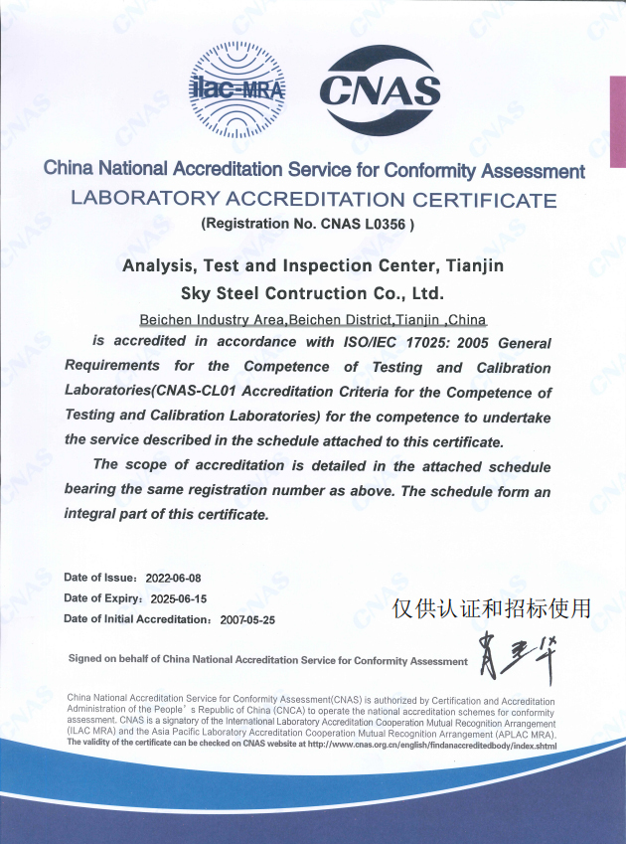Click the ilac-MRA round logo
236,90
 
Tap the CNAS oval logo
380,91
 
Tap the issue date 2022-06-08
173,578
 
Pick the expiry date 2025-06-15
178,598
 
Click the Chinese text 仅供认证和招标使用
491,607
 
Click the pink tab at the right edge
617,124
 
